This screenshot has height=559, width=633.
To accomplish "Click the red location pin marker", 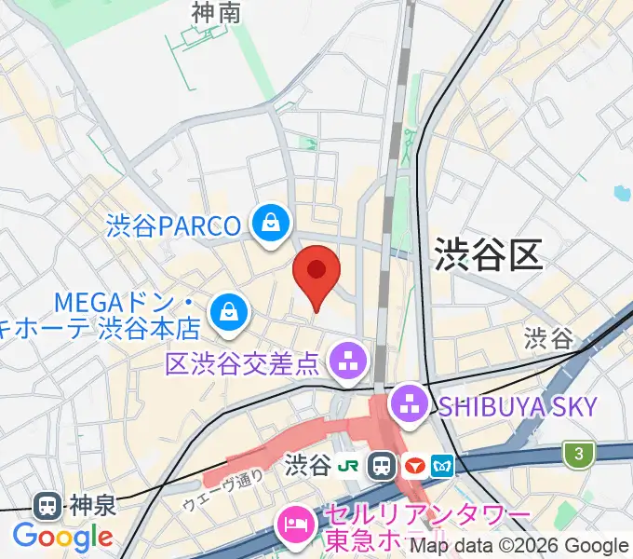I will tap(316, 273).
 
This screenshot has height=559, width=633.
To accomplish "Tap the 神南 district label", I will tap(216, 12).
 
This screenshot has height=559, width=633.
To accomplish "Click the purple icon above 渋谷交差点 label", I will tap(349, 358).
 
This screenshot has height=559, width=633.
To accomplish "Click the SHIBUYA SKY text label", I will tap(519, 405).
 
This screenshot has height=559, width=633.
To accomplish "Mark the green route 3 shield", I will tap(579, 454).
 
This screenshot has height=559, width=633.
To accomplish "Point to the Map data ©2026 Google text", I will tap(519, 546).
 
